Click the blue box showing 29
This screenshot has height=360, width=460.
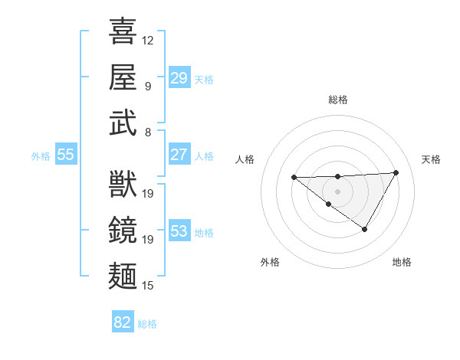(x=179, y=78)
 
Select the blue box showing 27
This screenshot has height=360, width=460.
(x=179, y=155)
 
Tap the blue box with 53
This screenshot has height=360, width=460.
(x=179, y=231)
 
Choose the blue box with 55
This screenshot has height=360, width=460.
(x=66, y=155)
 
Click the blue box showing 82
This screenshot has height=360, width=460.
(x=123, y=322)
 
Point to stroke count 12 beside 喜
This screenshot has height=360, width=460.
(x=148, y=40)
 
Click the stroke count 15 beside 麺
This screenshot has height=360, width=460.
(x=148, y=286)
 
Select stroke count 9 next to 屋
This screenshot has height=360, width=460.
(x=148, y=86)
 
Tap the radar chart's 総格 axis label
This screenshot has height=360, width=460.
(x=338, y=100)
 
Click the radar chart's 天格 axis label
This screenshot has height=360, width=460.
(x=432, y=159)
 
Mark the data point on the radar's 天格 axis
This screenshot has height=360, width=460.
(x=396, y=172)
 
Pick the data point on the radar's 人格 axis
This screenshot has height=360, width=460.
(x=294, y=178)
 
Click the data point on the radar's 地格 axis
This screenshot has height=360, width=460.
(x=365, y=229)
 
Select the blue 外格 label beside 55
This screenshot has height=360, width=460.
(x=41, y=156)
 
